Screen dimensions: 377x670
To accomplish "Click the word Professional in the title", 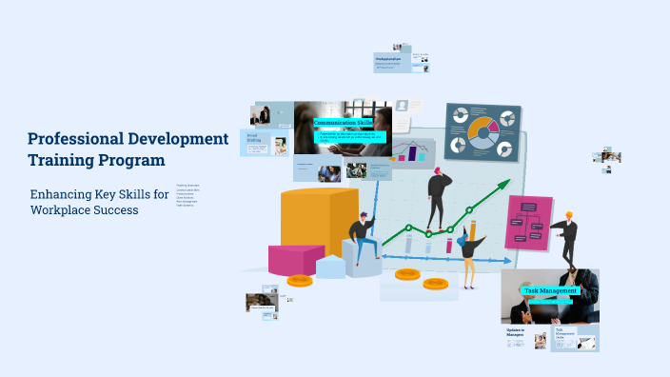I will pyautogui.click(x=69, y=139).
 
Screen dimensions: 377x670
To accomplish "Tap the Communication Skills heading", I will pyautogui.click(x=343, y=123).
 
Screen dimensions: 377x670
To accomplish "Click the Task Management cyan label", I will pyautogui.click(x=551, y=289).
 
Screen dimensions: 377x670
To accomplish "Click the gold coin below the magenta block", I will pyautogui.click(x=300, y=281).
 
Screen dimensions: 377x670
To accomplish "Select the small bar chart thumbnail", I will pyautogui.click(x=410, y=151).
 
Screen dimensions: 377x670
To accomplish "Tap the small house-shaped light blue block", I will pyautogui.click(x=331, y=266).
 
